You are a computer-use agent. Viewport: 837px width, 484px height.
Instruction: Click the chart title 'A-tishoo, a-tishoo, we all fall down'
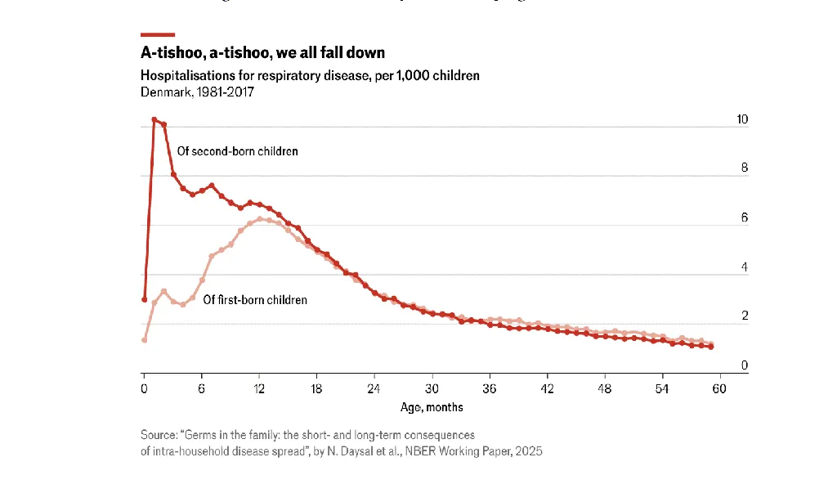point(262,52)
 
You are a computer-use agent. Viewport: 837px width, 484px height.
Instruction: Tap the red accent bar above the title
point(158,34)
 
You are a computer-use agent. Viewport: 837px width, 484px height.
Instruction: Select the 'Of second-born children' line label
point(238,151)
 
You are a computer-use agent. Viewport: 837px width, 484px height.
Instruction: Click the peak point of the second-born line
point(154,120)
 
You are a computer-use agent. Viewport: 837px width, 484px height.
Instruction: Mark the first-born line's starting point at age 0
point(145,340)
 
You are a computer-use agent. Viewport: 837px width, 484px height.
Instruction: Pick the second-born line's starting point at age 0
point(145,299)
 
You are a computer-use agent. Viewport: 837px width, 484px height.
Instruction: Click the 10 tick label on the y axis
point(742,119)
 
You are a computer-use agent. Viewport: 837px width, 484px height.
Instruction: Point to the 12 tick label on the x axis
point(259,388)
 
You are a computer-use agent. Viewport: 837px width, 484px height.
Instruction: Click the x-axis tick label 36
point(490,388)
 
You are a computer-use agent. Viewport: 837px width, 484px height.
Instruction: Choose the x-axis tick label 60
point(719,388)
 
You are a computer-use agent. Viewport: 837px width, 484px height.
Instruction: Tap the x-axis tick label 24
point(374,388)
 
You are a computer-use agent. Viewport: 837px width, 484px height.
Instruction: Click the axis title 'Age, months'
point(432,407)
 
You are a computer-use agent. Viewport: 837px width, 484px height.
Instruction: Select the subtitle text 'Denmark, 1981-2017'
point(197,92)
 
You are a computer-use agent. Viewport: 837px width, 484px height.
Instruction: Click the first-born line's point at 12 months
point(260,219)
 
